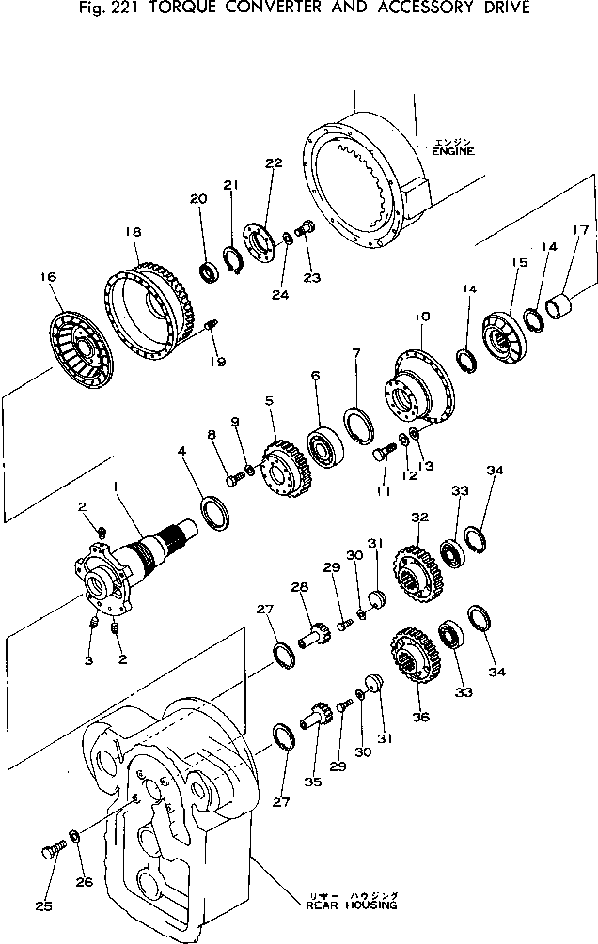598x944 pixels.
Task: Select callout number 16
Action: coord(49,277)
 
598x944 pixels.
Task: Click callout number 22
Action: coord(274,163)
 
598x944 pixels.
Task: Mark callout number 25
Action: coord(44,906)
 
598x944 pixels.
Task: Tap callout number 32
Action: coord(419,518)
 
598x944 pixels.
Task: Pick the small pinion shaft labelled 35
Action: coord(312,722)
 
